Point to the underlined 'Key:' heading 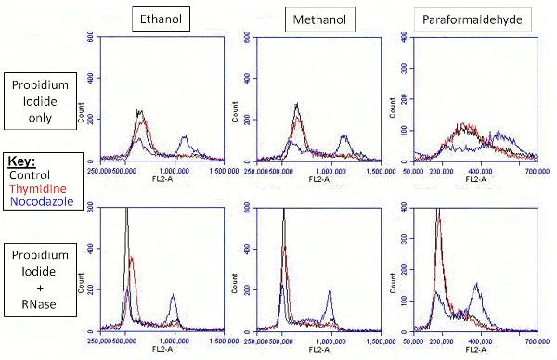pyautogui.click(x=23, y=160)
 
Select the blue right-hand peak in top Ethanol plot pyautogui.click(x=184, y=137)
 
